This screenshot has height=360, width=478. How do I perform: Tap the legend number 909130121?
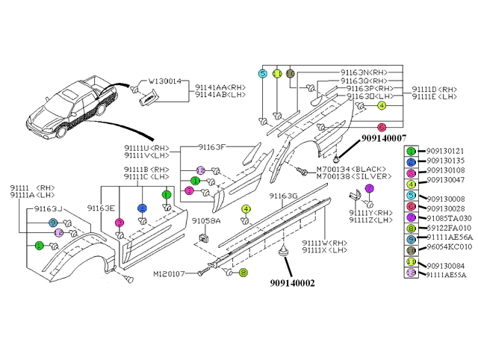(x=445, y=151)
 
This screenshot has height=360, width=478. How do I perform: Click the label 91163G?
(x=283, y=196)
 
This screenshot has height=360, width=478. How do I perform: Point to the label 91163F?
(x=217, y=147)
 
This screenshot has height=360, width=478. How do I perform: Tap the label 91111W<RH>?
(x=324, y=243)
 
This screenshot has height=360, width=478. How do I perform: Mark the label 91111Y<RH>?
(x=372, y=214)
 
